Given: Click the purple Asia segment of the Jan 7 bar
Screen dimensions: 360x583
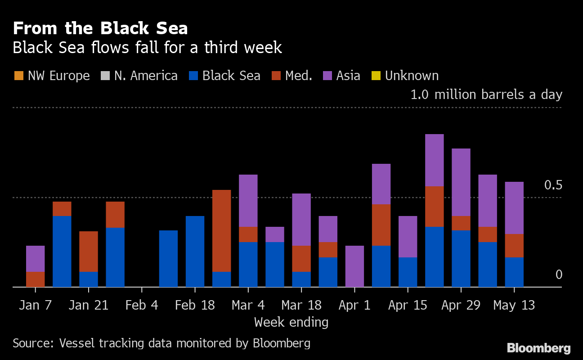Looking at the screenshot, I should [x=35, y=258].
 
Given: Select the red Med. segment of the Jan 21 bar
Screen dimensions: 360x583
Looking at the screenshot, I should [x=89, y=251].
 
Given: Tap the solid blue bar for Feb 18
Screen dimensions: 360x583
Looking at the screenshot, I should [x=195, y=251].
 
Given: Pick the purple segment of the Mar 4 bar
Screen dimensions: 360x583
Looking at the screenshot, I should [x=248, y=200].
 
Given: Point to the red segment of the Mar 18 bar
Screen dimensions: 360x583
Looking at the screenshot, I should [x=301, y=258].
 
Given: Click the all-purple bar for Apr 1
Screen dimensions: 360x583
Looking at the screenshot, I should [x=354, y=266].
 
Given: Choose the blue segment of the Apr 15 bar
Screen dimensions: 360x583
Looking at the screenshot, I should [x=408, y=272].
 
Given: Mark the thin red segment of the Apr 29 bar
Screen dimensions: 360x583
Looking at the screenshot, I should [x=461, y=223].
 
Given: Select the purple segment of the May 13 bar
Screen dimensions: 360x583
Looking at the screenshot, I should [x=514, y=207].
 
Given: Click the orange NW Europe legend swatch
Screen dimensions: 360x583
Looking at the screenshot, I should [x=18, y=76].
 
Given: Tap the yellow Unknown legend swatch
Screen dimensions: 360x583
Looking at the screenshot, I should [x=376, y=76].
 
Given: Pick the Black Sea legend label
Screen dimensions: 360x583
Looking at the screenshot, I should [x=231, y=76].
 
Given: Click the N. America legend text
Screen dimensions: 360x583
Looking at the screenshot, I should [x=146, y=76].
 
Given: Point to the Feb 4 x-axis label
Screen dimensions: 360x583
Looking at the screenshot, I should [x=142, y=305].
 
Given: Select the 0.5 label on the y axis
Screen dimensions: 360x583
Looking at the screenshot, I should [x=553, y=185].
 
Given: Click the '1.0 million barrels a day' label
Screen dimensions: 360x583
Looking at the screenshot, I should [x=486, y=94].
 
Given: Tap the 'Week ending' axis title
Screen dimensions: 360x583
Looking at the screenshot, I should [x=291, y=322].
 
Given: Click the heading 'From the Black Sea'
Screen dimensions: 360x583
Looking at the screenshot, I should [x=100, y=29].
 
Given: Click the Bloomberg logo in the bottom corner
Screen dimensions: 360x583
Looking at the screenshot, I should [x=538, y=348].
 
